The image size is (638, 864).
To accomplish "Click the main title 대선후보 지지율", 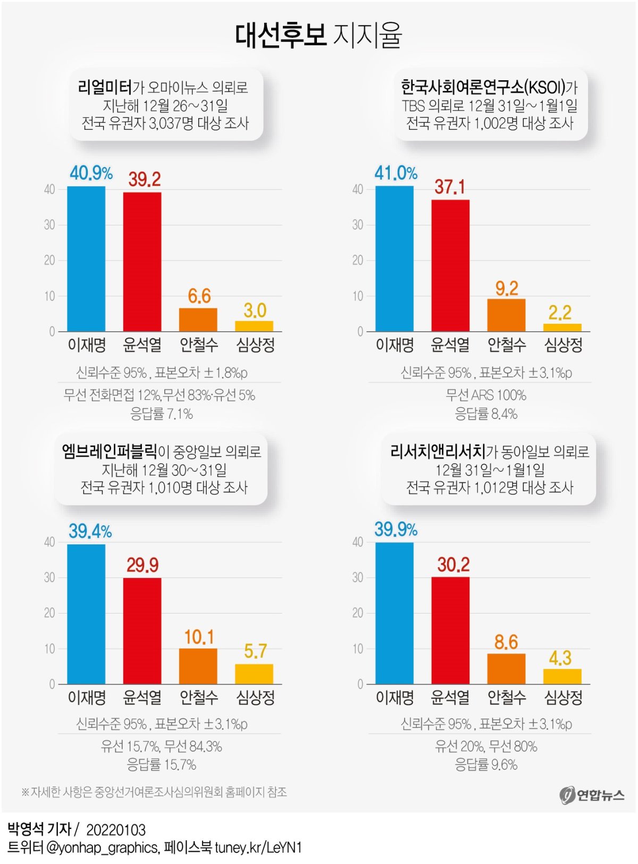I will pyautogui.click(x=318, y=35).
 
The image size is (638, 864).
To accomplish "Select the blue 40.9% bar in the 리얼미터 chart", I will pyautogui.click(x=86, y=259).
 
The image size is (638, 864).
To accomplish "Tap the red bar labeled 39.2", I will pyautogui.click(x=142, y=262).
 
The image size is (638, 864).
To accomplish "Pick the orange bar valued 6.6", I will pyautogui.click(x=198, y=320).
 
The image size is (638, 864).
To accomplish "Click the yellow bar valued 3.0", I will pyautogui.click(x=254, y=326).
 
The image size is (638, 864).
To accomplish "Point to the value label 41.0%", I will pyautogui.click(x=396, y=173).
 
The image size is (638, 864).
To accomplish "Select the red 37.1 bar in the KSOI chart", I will pyautogui.click(x=450, y=265).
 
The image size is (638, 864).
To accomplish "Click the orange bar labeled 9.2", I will pyautogui.click(x=506, y=315).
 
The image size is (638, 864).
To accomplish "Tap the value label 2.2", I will pyautogui.click(x=560, y=313).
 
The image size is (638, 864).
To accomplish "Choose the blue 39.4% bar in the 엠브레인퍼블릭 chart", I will pyautogui.click(x=86, y=614).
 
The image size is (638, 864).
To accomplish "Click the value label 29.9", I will pyautogui.click(x=142, y=565).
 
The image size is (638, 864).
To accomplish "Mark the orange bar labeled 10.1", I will pyautogui.click(x=198, y=666).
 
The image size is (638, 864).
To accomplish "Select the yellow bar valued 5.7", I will pyautogui.click(x=254, y=674).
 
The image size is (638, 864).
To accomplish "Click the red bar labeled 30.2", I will pyautogui.click(x=450, y=630).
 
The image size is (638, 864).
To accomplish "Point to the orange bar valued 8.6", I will pyautogui.click(x=506, y=668).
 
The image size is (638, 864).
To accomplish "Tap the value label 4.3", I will pyautogui.click(x=560, y=658).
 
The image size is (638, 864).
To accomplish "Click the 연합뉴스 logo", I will pyautogui.click(x=592, y=795).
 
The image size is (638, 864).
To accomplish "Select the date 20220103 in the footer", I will pyautogui.click(x=116, y=830).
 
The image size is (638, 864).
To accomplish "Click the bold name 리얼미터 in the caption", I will pyautogui.click(x=104, y=88).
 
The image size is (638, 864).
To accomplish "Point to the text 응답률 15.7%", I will pyautogui.click(x=162, y=765).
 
